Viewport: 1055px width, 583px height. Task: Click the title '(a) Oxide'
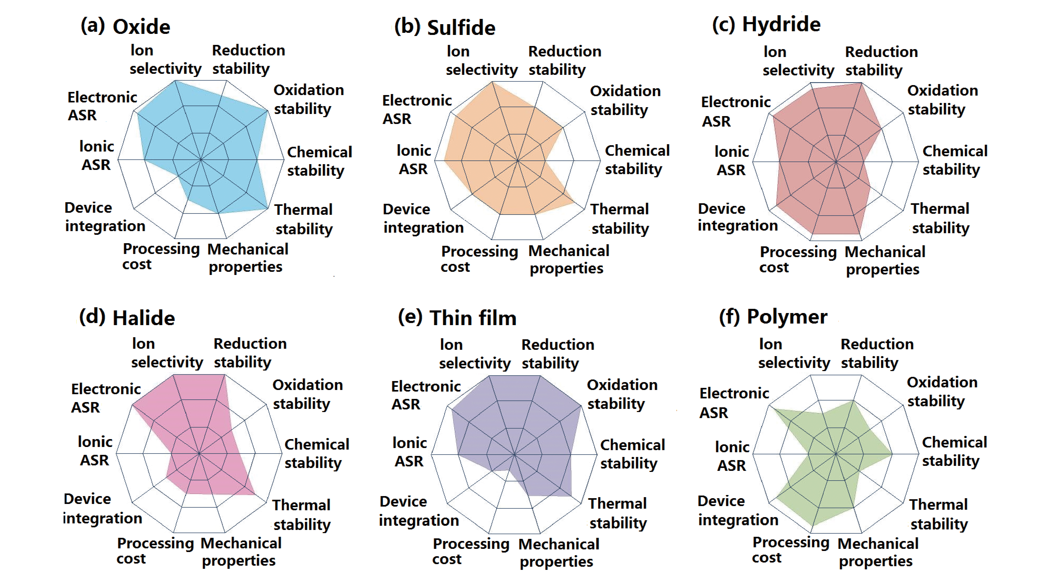(x=125, y=27)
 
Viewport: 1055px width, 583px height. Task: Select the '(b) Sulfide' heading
(x=445, y=27)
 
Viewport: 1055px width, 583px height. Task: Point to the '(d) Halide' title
(x=127, y=318)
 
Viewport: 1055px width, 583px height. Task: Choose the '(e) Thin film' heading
(x=457, y=318)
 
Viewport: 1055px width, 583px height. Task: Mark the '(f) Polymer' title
(x=773, y=316)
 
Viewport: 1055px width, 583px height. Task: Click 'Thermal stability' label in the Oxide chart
(x=303, y=219)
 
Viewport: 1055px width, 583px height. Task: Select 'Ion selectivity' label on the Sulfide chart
(x=482, y=61)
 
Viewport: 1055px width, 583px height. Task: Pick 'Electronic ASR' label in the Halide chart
(x=106, y=398)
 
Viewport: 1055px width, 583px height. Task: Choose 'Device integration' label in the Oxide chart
(x=105, y=217)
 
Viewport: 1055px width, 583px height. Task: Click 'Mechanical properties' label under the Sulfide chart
(x=568, y=259)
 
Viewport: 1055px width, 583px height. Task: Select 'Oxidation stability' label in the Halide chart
(x=308, y=394)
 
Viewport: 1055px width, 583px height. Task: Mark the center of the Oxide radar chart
(x=201, y=159)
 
